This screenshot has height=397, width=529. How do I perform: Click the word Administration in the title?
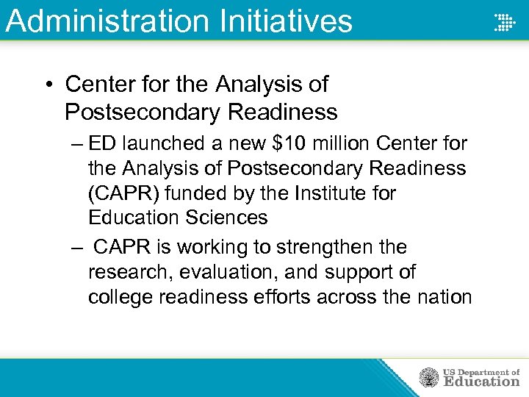[106, 21]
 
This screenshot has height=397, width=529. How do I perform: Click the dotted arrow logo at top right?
[503, 21]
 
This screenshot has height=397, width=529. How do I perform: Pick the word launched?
[168, 143]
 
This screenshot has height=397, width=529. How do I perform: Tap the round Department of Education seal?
[428, 378]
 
